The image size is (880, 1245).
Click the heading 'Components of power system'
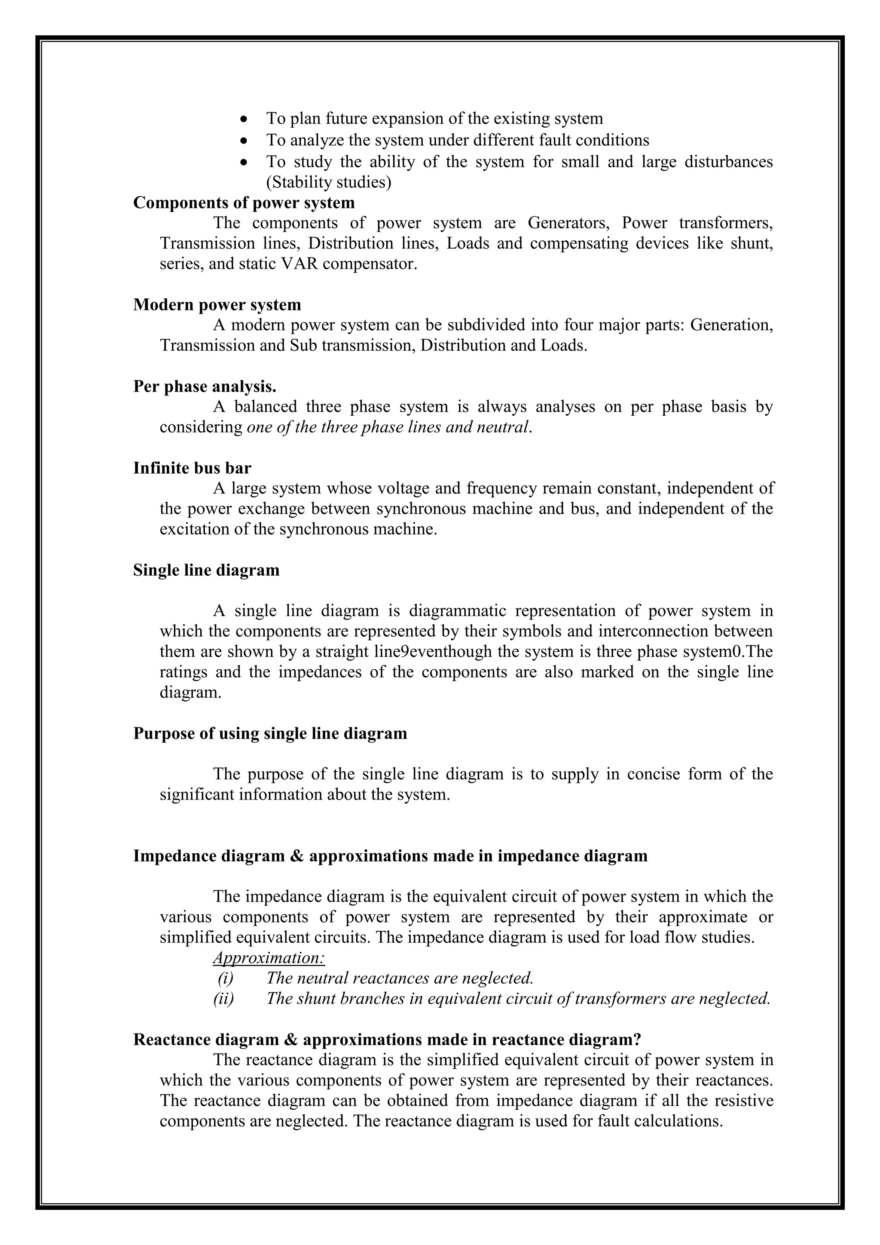click(x=244, y=203)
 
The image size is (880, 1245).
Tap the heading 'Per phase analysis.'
click(x=205, y=386)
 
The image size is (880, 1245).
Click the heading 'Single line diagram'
click(x=206, y=570)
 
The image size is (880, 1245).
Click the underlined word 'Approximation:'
click(x=269, y=958)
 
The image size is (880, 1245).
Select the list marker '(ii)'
click(x=223, y=999)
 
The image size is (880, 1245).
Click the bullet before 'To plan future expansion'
click(x=245, y=119)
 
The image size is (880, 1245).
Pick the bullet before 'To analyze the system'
click(x=245, y=141)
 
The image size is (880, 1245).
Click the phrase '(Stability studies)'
click(x=328, y=182)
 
